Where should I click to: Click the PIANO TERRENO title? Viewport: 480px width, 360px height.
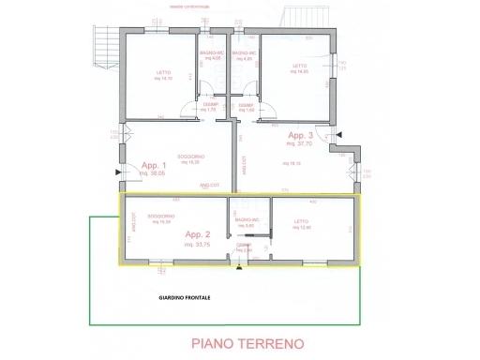click(x=247, y=344)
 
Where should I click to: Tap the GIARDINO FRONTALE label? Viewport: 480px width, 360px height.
click(x=185, y=298)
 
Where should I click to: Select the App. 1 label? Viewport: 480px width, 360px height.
click(x=151, y=166)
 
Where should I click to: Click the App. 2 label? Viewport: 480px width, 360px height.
click(x=198, y=232)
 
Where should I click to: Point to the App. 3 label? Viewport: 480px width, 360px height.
click(x=300, y=136)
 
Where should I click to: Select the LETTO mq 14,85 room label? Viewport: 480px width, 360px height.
click(x=300, y=67)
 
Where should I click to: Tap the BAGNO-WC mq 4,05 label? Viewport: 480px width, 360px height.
click(x=212, y=55)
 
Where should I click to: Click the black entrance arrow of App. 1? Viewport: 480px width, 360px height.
click(x=117, y=172)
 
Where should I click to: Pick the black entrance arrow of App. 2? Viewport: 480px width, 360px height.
click(x=240, y=268)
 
